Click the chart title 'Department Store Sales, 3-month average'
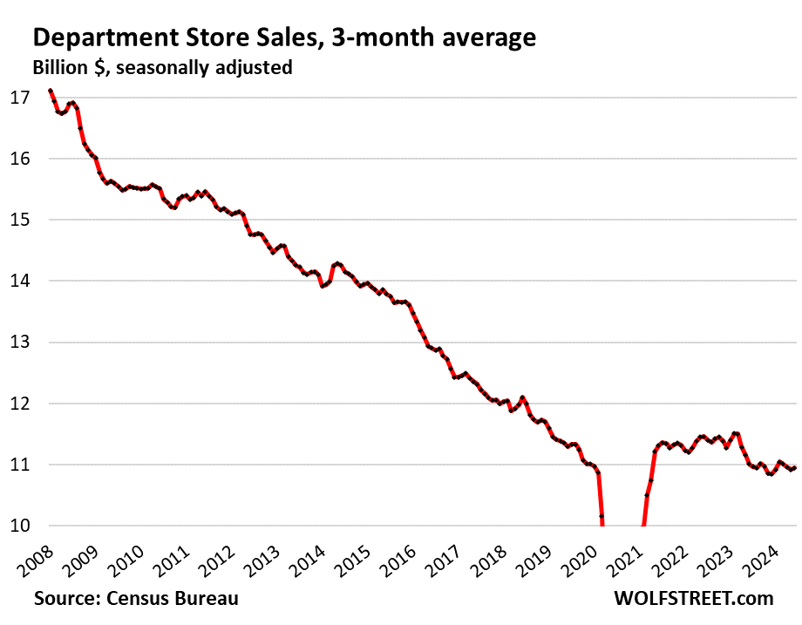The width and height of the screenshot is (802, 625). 283,37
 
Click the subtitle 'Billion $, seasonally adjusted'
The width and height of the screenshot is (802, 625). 162,67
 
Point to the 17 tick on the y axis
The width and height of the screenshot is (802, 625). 20,97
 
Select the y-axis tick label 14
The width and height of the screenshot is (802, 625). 20,281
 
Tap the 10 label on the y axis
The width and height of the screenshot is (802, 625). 20,526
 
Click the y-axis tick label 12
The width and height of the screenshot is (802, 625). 20,404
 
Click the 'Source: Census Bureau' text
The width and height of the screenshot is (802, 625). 136,599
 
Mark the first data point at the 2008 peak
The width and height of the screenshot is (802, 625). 50,91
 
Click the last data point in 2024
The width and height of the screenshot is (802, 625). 794,468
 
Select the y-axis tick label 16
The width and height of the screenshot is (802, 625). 20,159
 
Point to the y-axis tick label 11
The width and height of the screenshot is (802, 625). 20,465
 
